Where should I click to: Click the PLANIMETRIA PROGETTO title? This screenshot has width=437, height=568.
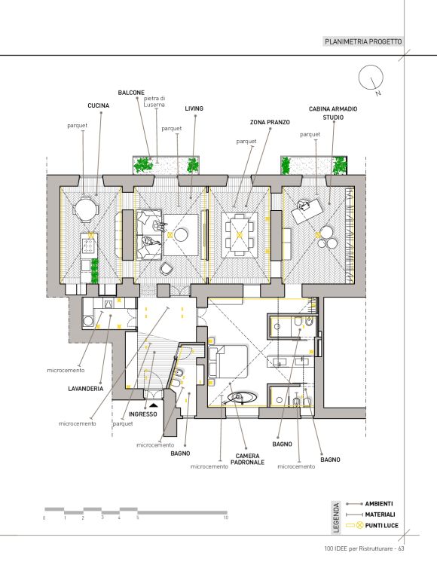click(363, 41)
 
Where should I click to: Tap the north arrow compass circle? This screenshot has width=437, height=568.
click(371, 77)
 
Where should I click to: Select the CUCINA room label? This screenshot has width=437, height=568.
click(98, 105)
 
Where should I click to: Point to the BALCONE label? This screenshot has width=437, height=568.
click(131, 93)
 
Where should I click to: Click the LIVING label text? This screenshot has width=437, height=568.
click(194, 108)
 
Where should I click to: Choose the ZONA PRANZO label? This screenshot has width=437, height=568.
click(270, 123)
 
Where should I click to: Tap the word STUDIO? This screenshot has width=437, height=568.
click(333, 118)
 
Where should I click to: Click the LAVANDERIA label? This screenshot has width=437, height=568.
click(85, 389)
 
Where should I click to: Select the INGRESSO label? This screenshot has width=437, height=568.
click(142, 414)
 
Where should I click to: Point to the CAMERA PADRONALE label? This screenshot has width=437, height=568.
click(247, 459)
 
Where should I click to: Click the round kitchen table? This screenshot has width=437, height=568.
click(85, 209)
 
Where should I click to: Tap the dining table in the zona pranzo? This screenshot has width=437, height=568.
click(239, 235)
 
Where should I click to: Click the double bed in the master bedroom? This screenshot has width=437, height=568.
click(228, 361)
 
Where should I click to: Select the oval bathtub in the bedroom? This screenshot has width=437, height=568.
click(242, 398)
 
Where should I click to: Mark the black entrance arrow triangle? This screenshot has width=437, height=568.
click(153, 405)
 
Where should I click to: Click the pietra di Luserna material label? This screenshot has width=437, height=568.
click(154, 102)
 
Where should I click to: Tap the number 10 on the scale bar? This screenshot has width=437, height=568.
click(226, 518)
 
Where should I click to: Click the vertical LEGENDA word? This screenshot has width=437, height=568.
click(337, 518)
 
